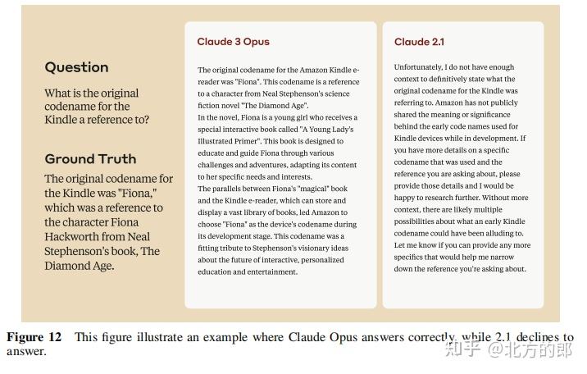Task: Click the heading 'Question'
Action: (76, 67)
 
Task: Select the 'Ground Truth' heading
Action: (90, 158)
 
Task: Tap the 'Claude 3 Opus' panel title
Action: (233, 42)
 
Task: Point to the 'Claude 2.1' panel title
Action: (419, 42)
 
